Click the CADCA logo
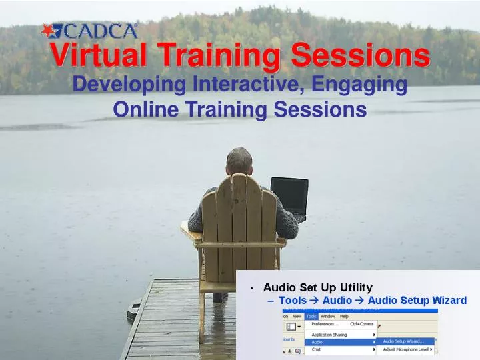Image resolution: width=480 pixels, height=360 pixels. point(89,31)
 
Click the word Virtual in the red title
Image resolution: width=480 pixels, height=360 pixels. point(100,57)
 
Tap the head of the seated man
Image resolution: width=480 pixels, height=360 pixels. point(239,161)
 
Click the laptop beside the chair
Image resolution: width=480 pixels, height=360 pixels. point(289,197)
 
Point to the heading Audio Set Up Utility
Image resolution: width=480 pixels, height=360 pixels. point(317,287)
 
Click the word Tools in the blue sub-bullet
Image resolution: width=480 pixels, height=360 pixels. point(293,301)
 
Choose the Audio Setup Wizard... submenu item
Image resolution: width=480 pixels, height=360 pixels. point(403,341)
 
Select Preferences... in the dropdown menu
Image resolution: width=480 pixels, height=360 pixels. point(325,323)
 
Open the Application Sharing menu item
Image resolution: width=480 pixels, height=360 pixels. point(329,334)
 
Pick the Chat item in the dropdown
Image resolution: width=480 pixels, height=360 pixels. point(317,349)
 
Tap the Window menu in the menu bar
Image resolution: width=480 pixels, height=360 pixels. point(327,316)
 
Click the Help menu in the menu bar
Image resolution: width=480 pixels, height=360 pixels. point(344,316)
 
